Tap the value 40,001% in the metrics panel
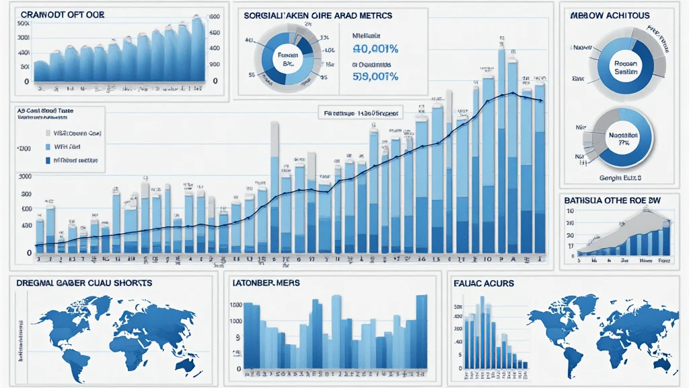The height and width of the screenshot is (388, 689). click(x=376, y=48)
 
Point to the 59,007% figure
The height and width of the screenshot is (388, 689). click(x=376, y=76)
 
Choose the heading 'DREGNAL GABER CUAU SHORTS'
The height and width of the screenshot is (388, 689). click(x=84, y=283)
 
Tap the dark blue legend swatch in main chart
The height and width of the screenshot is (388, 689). click(x=47, y=161)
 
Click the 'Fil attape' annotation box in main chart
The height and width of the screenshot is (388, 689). click(x=359, y=114)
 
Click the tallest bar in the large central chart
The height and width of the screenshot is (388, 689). click(x=502, y=148)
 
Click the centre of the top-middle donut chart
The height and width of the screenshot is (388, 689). click(x=288, y=57)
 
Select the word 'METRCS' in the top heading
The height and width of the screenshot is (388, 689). click(x=375, y=14)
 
